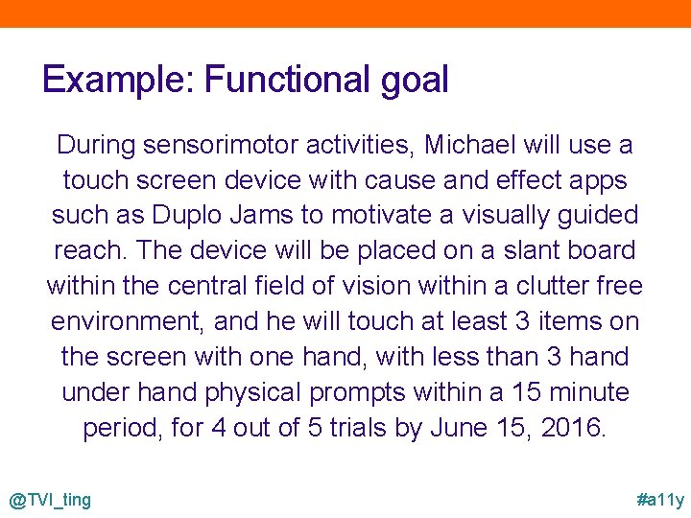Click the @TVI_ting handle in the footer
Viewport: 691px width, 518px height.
click(x=50, y=500)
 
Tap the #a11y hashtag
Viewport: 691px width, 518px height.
click(x=660, y=500)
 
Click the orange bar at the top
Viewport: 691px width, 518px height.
click(x=345, y=13)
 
